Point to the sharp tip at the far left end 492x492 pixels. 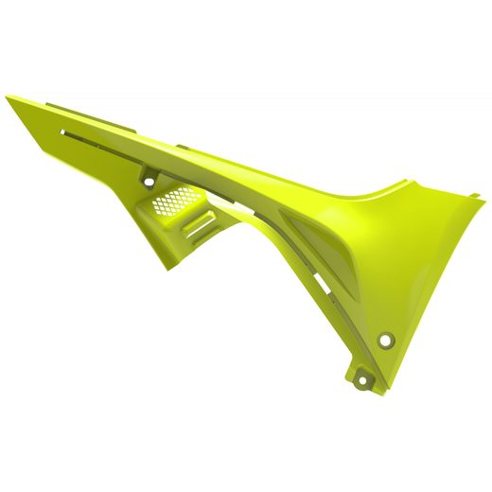click(x=7, y=97)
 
